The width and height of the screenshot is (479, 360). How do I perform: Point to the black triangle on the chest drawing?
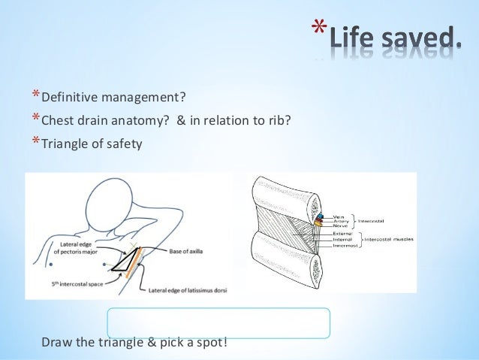click(122, 262)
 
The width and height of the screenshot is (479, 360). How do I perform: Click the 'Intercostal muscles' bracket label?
click(390, 239)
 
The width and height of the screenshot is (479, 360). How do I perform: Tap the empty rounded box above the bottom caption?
click(218, 322)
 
